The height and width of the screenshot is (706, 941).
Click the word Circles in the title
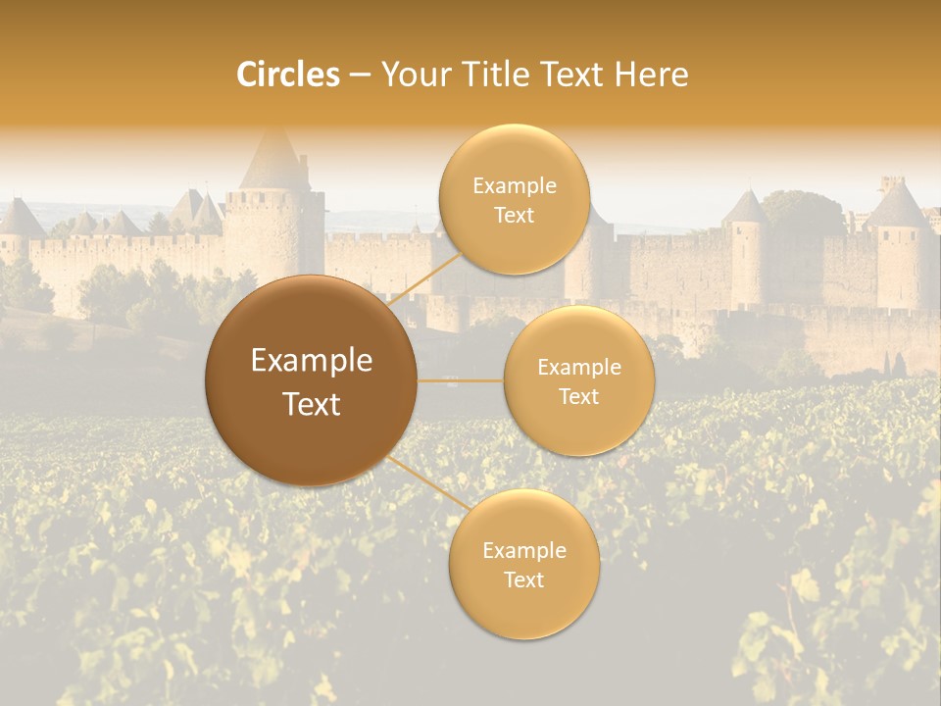[288, 75]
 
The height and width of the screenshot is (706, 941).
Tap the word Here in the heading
[652, 75]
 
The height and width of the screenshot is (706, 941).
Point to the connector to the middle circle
[461, 380]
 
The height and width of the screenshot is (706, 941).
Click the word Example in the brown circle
[312, 361]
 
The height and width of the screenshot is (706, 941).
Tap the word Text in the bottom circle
[523, 580]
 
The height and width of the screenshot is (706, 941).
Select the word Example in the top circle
[514, 185]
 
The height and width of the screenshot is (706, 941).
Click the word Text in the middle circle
[578, 396]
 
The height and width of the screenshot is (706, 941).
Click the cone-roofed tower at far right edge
[899, 210]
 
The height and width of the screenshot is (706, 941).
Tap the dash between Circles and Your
[360, 75]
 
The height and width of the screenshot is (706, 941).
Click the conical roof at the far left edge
[20, 219]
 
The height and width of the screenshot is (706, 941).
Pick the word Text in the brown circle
[312, 404]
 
